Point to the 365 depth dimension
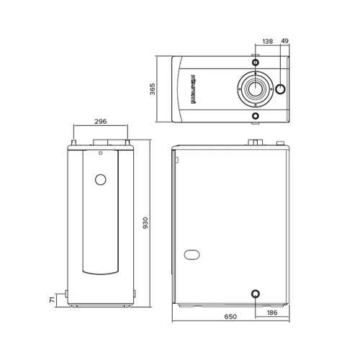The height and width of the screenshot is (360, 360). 153,90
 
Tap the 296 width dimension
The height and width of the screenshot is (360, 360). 102,122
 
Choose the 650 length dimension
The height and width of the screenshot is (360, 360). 230,317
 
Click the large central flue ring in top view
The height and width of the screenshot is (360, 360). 255,91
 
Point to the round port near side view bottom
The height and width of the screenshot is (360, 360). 255,294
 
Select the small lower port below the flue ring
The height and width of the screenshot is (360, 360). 255,115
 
